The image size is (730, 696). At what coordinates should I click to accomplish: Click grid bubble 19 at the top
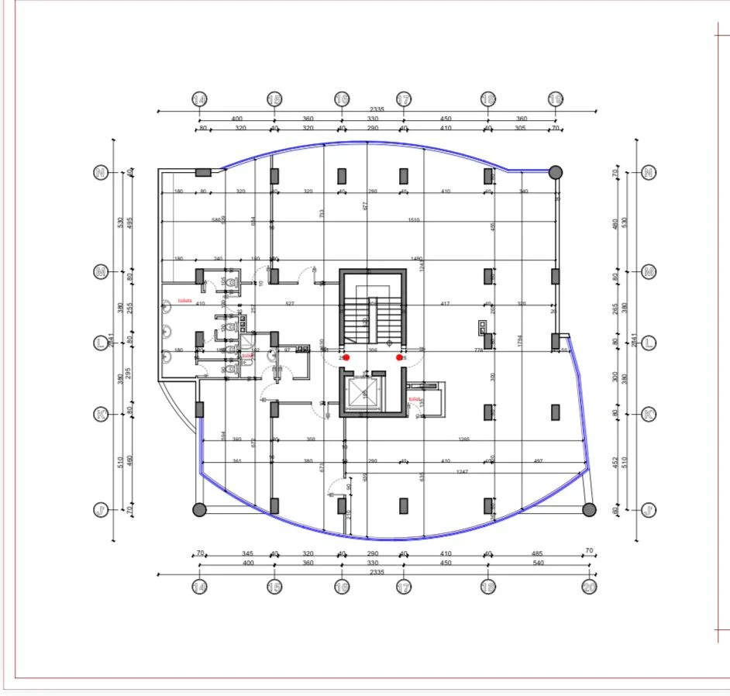pos(556,99)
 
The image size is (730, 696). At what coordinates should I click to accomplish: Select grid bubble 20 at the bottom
pos(589,587)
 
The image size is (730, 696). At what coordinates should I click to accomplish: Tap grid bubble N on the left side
pos(100,172)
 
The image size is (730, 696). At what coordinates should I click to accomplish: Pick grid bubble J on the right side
pos(649,509)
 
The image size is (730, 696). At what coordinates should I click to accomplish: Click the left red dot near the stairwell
pos(346,357)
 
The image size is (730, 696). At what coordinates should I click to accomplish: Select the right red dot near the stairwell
pos(400,357)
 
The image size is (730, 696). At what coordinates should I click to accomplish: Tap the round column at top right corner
pos(556,172)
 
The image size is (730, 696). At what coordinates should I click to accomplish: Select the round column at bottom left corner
pos(199,509)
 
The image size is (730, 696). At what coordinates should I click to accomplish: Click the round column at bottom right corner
pos(589,509)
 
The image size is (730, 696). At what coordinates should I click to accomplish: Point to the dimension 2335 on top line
pos(377,109)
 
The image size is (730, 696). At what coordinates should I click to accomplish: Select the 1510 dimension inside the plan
pos(414,219)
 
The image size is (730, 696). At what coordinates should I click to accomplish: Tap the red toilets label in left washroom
pos(184,300)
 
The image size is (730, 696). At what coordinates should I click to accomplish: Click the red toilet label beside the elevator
pos(415,398)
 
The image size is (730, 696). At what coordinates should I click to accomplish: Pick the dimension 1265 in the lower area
pos(463,439)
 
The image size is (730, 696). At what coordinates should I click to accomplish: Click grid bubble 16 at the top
pos(342,99)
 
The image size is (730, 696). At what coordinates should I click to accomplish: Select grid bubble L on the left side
pos(100,343)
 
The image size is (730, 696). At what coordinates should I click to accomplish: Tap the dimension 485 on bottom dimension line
pos(536,553)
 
